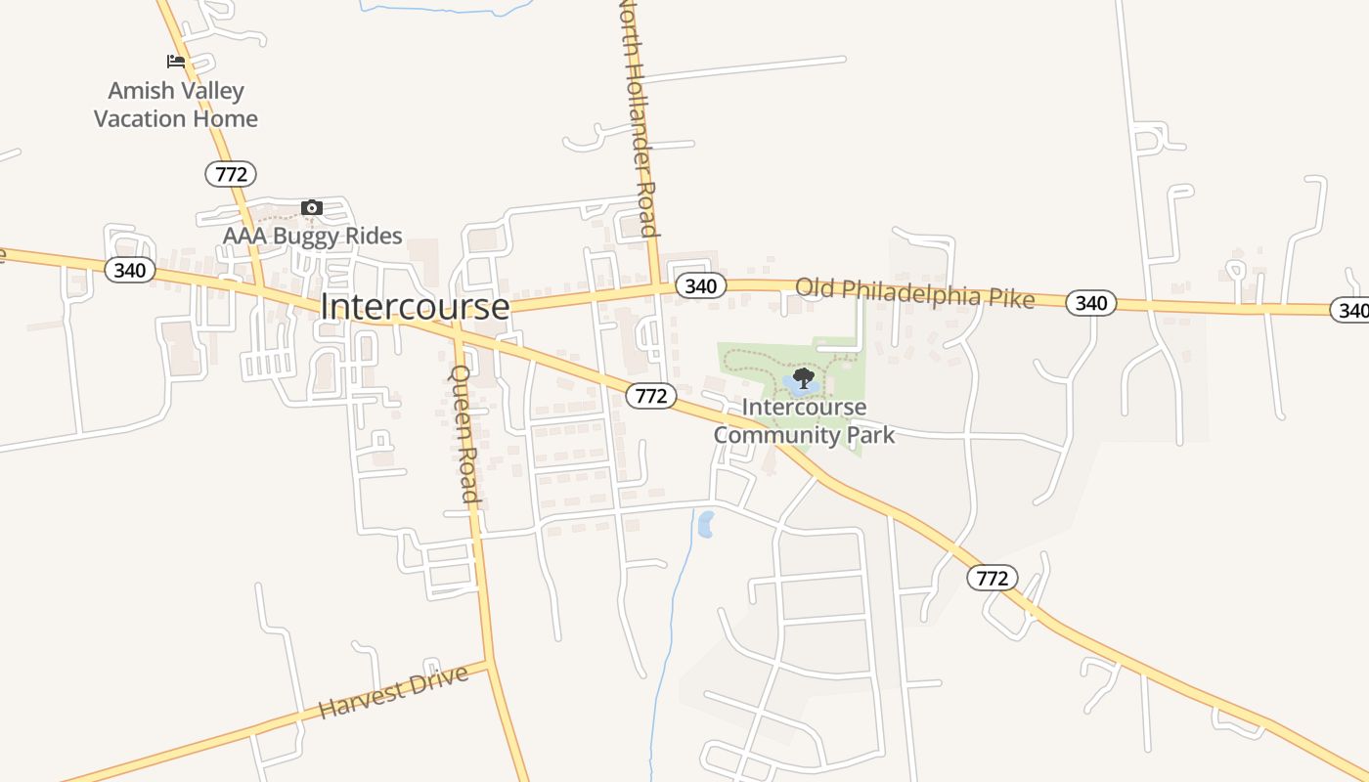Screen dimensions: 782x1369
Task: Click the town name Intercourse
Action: (x=415, y=307)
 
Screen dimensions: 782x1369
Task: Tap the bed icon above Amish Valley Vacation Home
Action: (x=176, y=62)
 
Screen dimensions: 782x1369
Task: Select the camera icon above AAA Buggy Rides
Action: (x=312, y=207)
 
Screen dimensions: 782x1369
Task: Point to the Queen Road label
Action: (x=464, y=434)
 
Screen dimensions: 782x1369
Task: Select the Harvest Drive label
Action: (x=393, y=692)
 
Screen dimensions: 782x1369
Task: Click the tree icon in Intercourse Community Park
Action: (x=804, y=377)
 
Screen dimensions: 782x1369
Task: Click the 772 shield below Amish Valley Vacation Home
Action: (x=231, y=174)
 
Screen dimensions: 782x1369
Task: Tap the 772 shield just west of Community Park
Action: (x=651, y=395)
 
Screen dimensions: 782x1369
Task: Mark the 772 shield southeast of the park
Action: (x=993, y=578)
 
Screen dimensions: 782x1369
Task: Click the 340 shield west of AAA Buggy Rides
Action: (x=130, y=270)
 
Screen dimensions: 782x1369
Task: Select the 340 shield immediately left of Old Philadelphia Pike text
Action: (x=700, y=285)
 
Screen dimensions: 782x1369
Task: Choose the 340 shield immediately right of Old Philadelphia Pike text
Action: (x=1090, y=303)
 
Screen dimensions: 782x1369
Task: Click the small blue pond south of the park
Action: (x=705, y=524)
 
